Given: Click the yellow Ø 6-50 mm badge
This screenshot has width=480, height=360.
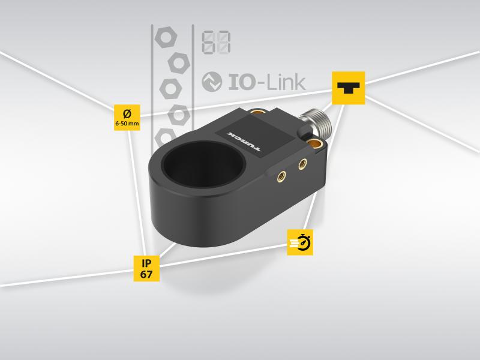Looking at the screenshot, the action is (x=127, y=118).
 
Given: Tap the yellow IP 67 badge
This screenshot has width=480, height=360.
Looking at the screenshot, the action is (x=146, y=268).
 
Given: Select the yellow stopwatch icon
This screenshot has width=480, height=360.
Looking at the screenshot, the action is (x=300, y=242).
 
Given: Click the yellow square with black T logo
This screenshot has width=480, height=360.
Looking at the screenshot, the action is (x=349, y=88).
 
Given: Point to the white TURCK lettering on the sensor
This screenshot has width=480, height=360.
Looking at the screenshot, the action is (x=244, y=142).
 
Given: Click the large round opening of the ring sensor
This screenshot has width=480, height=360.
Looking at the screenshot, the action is (x=203, y=164).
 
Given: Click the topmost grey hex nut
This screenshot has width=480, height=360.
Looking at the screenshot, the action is (x=166, y=37).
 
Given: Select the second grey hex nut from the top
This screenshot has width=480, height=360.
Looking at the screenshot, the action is (x=179, y=63).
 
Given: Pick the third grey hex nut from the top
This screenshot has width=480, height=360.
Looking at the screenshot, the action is (x=171, y=89).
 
